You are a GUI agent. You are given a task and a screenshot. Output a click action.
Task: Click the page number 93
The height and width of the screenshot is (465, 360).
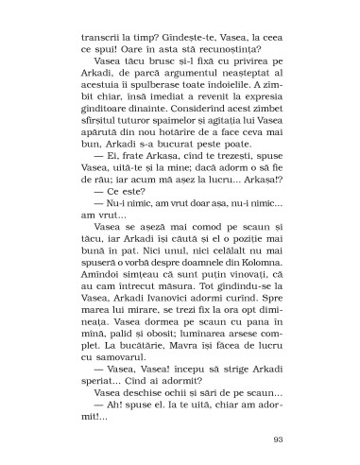pyautogui.click(x=277, y=413)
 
